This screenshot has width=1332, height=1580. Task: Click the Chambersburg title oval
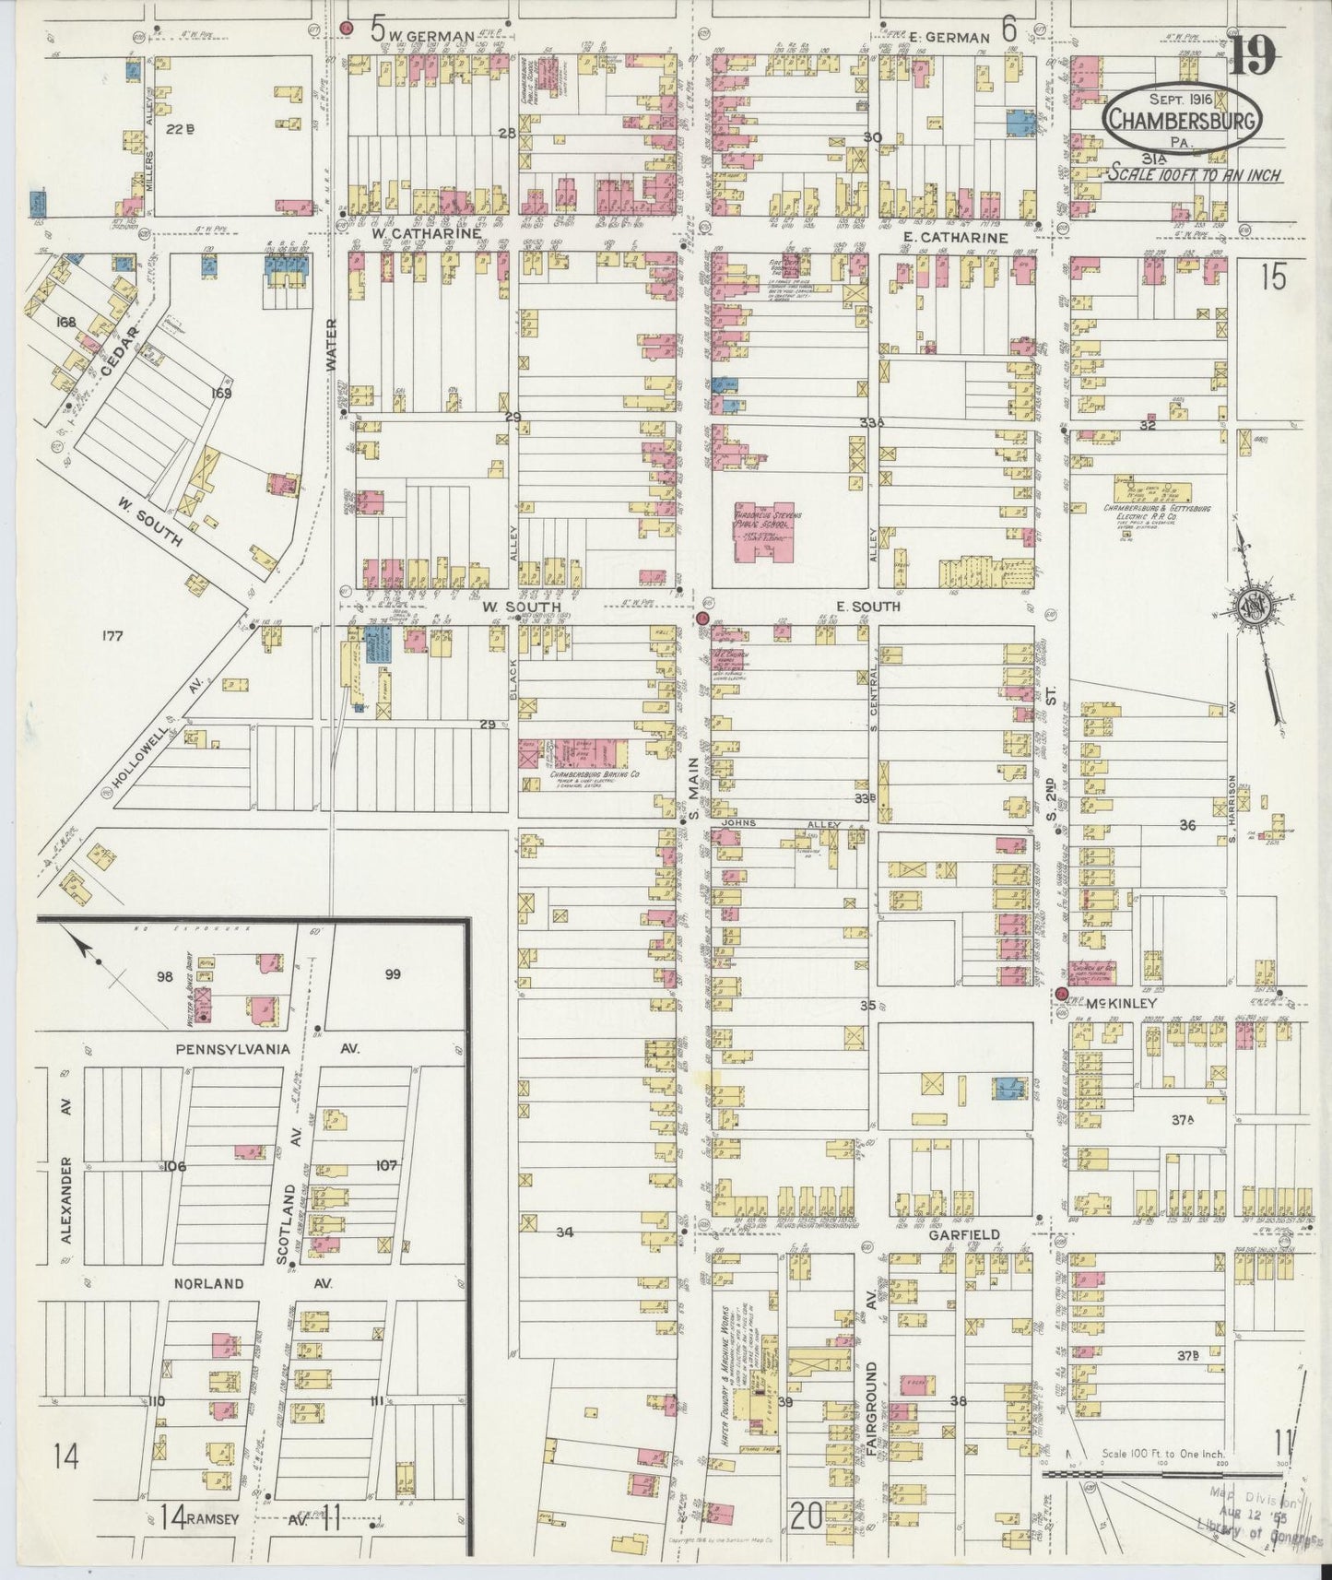[x=1183, y=118]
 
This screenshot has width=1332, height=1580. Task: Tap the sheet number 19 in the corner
[x=1252, y=54]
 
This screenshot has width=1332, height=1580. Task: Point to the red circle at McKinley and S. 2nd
[x=1061, y=994]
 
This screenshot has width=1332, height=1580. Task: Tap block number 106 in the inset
[x=176, y=1166]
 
